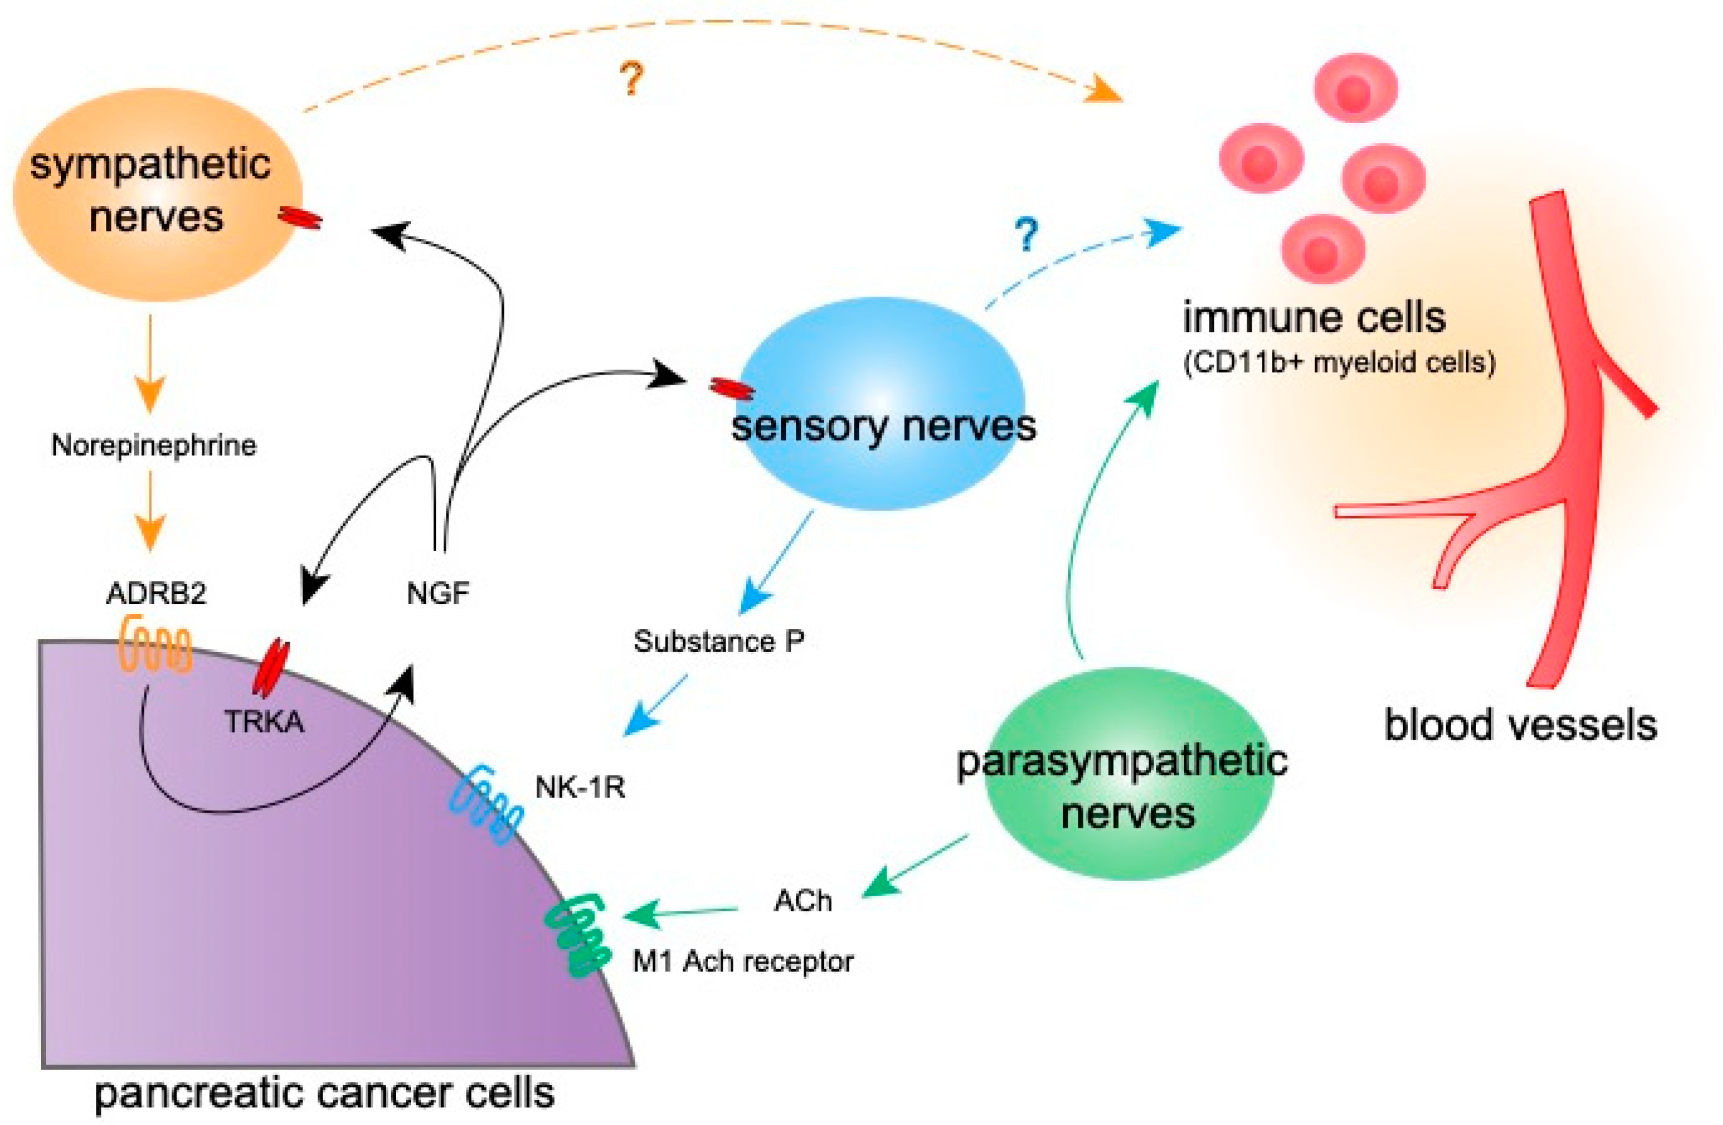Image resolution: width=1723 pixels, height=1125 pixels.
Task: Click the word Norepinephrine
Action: pyautogui.click(x=153, y=445)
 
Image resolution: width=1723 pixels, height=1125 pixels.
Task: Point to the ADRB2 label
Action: pyautogui.click(x=156, y=594)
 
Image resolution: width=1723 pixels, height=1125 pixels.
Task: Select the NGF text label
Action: pyautogui.click(x=437, y=594)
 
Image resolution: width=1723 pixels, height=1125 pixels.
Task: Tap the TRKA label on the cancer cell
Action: pyautogui.click(x=265, y=722)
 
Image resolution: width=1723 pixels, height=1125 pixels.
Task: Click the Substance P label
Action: pyautogui.click(x=718, y=642)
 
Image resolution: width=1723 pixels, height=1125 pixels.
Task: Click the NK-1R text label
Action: pyautogui.click(x=580, y=787)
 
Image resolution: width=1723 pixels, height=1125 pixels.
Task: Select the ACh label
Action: pyautogui.click(x=802, y=901)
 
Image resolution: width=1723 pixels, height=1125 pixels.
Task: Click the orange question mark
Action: pyautogui.click(x=632, y=78)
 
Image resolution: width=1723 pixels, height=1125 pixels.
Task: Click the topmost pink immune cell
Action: pyautogui.click(x=1355, y=89)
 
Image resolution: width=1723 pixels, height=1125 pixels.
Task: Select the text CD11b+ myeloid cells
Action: pyautogui.click(x=1338, y=362)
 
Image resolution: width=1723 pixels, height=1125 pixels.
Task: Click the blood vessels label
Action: pyautogui.click(x=1520, y=725)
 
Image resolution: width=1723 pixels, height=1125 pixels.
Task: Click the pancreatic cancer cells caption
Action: pyautogui.click(x=324, y=1093)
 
